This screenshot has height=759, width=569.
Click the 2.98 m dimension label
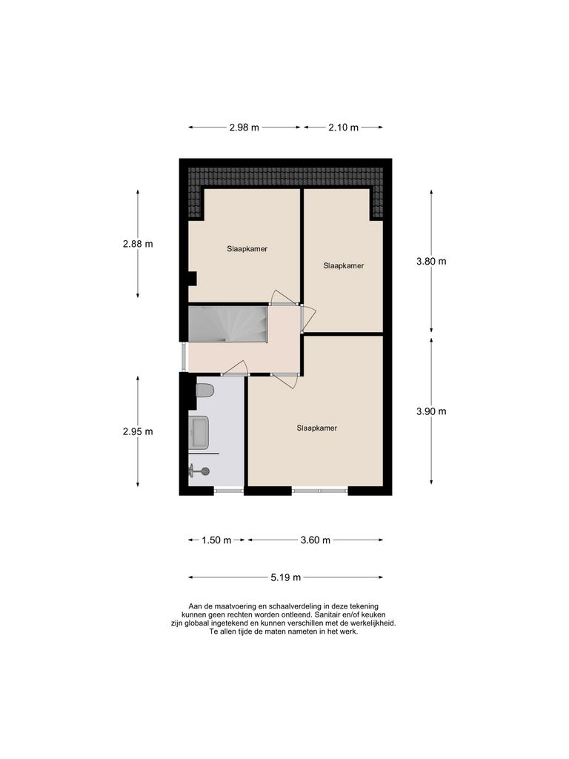[x=244, y=127]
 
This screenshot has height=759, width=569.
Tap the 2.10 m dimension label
[x=343, y=127]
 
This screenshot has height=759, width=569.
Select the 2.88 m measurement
[x=138, y=243]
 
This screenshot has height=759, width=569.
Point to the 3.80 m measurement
[x=432, y=261]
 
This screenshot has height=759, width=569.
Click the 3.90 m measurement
[x=432, y=411]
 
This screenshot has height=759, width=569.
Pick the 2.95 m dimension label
[x=138, y=431]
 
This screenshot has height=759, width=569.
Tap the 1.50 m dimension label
[x=216, y=540]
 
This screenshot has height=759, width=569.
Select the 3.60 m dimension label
[x=316, y=540]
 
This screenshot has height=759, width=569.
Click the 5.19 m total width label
[x=286, y=577]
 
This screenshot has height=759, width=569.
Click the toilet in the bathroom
[x=204, y=390]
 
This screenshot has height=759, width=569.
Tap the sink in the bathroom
[x=199, y=431]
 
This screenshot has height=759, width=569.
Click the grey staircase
[x=227, y=324]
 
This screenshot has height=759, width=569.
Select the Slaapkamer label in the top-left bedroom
[x=247, y=249]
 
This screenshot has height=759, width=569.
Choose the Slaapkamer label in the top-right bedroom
[x=343, y=265]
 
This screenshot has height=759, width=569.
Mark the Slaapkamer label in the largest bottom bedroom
[x=316, y=428]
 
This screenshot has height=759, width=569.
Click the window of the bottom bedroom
[x=319, y=490]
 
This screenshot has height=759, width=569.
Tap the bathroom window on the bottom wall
[x=228, y=490]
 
